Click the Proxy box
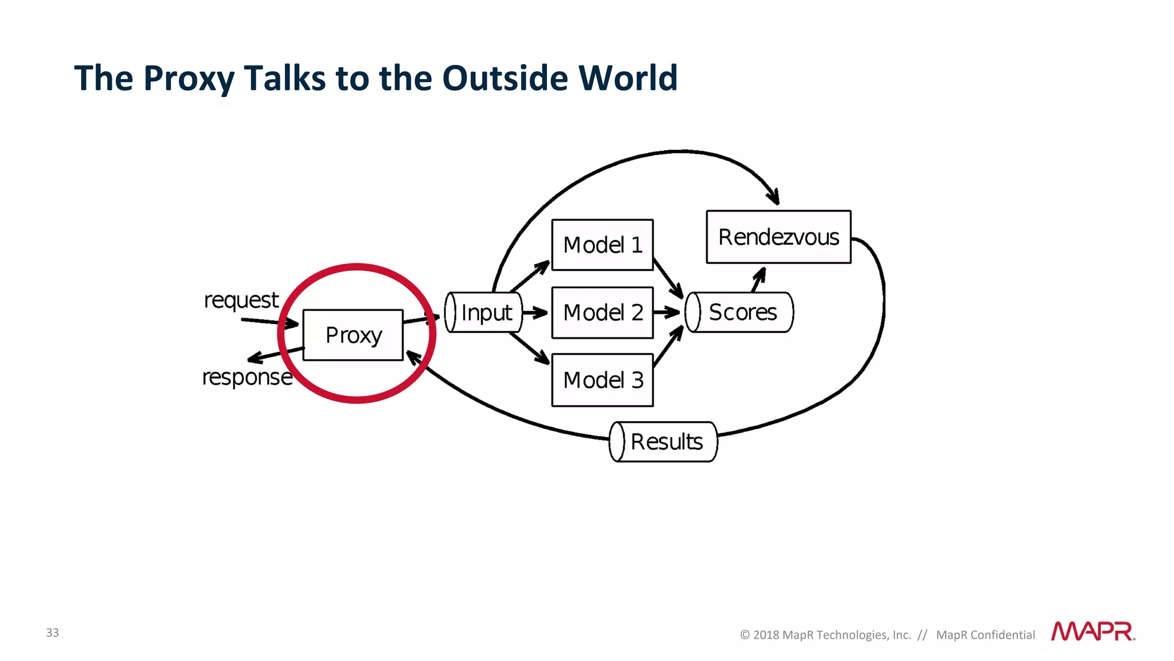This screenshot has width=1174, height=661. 353,335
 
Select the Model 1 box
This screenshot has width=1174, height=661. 602,245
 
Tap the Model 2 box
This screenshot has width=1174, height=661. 602,313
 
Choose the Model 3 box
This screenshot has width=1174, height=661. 602,380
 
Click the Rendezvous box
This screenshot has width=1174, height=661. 778,237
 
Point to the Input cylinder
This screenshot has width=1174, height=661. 484,313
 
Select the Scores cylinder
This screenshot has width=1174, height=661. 739,313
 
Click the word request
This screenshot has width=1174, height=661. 241,300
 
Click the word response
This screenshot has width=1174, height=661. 247,378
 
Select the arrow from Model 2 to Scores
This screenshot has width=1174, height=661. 667,313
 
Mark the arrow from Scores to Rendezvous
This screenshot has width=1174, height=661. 758,279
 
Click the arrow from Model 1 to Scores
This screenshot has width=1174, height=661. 668,278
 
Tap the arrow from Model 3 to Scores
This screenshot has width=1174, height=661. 668,347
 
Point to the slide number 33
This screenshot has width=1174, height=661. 52,632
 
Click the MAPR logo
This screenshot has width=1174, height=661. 1093,631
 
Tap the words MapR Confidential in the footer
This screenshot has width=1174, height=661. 985,635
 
